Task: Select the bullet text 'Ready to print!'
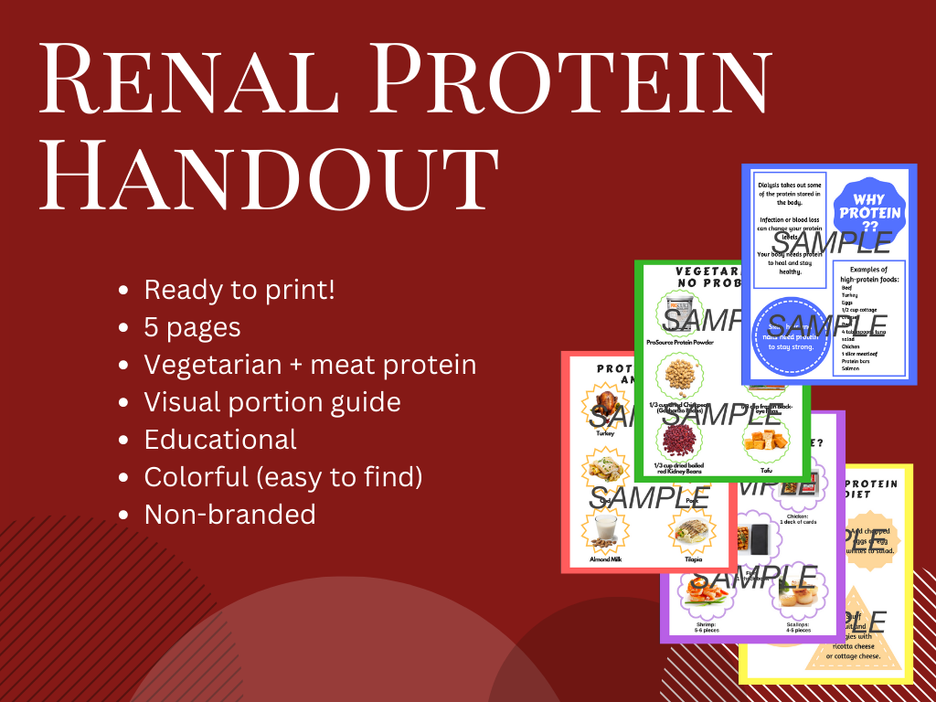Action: [239, 291]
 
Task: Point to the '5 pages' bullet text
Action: [192, 327]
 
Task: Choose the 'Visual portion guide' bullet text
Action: [272, 401]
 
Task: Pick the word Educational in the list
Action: [220, 439]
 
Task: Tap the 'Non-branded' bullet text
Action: [229, 514]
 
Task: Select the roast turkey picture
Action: [606, 406]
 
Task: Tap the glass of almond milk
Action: [602, 530]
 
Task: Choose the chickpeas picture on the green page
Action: [680, 378]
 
